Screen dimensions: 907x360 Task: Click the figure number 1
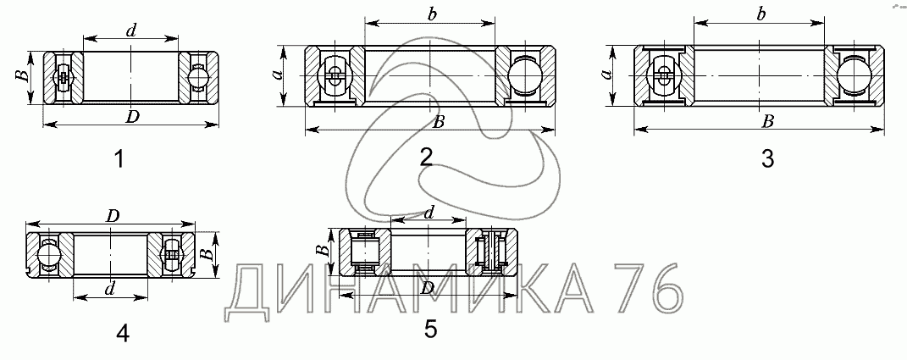119,158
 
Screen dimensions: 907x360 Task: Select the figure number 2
426,157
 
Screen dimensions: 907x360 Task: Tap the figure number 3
767,158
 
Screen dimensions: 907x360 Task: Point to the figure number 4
123,333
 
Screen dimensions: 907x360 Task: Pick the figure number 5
431,329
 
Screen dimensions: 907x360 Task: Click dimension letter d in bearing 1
131,31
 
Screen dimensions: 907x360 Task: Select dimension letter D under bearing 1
133,116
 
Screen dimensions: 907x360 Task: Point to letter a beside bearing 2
277,74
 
